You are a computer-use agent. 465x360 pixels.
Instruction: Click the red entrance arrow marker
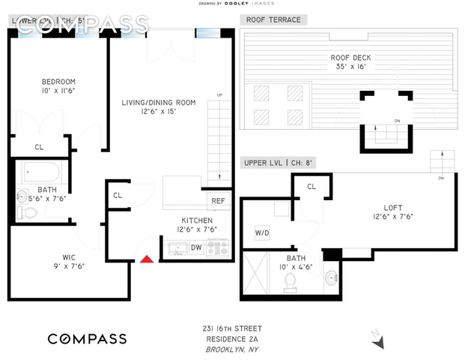pos(148,259)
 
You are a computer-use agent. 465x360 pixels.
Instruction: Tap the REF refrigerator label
pos(218,201)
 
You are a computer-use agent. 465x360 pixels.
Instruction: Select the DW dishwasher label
pos(195,247)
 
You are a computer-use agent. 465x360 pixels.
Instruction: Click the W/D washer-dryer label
pos(262,233)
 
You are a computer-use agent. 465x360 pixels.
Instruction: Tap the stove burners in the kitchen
pos(218,247)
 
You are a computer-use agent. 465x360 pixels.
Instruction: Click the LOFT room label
pos(393,207)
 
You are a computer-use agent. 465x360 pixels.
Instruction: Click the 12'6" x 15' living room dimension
pos(159,112)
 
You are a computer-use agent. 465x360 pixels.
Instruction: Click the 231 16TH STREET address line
pos(232,328)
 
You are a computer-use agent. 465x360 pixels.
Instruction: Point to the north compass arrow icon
pos(381,340)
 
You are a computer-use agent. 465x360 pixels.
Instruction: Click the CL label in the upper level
pos(311,186)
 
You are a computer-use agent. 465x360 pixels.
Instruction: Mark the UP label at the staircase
pos(219,95)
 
